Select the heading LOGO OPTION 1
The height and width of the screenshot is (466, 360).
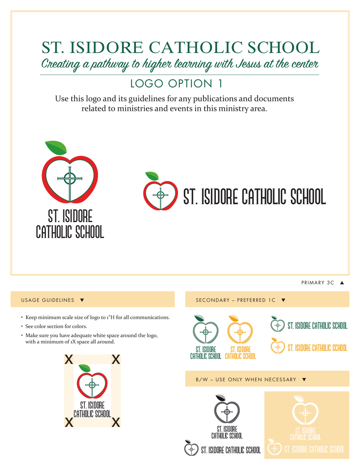point(177,83)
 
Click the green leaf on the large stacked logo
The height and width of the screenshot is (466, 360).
point(56,148)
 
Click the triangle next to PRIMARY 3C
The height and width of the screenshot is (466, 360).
point(342,283)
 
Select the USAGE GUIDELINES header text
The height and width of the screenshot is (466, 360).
point(47,300)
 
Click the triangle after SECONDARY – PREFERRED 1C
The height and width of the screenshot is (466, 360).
point(283,300)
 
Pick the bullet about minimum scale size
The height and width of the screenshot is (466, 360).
point(97,317)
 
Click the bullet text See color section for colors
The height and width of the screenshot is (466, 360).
point(56,326)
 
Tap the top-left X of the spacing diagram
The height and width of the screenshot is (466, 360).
point(69,360)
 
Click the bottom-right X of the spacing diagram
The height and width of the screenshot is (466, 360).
point(115,422)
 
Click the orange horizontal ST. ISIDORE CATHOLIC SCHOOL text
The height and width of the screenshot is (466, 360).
point(317,348)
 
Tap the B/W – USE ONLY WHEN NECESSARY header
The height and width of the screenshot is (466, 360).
point(246,379)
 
